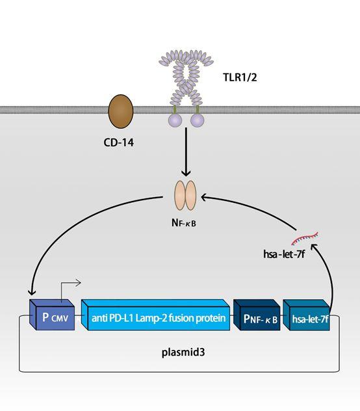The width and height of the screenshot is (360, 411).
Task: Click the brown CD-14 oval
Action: coord(121,111)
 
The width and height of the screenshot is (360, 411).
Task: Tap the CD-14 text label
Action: coord(119,142)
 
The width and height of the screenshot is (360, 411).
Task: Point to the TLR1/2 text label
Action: coord(240,77)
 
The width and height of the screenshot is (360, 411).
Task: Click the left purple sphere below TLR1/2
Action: coord(175,120)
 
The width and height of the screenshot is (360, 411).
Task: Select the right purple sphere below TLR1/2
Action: coord(197,120)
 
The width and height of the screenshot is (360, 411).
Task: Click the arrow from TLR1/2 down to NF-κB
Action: coord(186,152)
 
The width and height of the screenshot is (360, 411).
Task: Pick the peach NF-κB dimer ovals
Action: coord(185,195)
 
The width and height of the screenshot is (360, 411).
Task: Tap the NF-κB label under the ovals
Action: coord(184,223)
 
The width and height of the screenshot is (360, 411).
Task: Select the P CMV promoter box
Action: coord(53,315)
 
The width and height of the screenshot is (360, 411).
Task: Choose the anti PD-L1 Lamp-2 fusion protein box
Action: coord(156,315)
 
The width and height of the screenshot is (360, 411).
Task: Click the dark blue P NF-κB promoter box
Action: coord(257,315)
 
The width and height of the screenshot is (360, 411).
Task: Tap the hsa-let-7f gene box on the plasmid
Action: coord(306,315)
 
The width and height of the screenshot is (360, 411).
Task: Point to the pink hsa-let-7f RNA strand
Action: coord(305,238)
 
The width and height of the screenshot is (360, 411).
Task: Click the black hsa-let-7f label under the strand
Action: coord(284,254)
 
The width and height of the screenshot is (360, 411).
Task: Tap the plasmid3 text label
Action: coord(183,352)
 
